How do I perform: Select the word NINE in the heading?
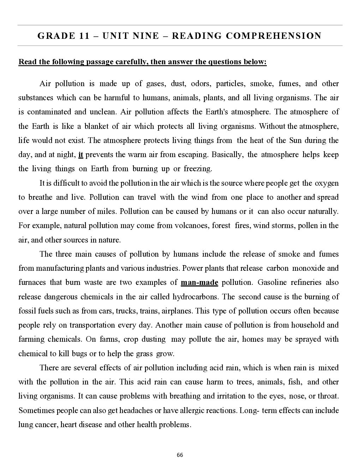(146, 36)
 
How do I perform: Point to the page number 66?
(180, 455)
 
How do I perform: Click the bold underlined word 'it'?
(80, 155)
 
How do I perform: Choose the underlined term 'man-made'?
(199, 282)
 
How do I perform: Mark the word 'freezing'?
(198, 169)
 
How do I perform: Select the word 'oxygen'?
(326, 183)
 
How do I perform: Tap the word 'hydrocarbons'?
(196, 297)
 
